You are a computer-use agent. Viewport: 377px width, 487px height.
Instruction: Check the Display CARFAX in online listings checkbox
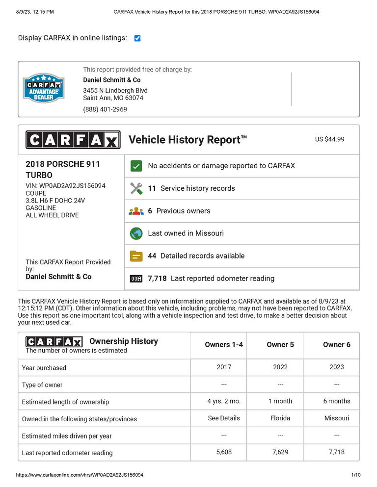(137, 38)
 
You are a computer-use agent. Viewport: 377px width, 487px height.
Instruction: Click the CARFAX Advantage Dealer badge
(44, 88)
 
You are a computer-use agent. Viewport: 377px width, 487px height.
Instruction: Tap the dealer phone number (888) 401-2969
(105, 109)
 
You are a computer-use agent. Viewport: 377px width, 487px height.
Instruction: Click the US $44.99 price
(329, 139)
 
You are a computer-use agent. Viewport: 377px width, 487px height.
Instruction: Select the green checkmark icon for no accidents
(136, 166)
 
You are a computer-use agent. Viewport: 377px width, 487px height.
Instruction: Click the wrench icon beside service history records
(136, 188)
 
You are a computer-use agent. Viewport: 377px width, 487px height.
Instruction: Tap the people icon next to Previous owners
(136, 211)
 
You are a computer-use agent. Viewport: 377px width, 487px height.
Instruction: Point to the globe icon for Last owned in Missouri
(136, 233)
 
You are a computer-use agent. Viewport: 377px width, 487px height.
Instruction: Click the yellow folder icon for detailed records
(136, 256)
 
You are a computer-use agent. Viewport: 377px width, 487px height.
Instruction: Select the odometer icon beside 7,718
(136, 279)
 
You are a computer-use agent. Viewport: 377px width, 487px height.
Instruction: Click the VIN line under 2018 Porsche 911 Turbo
(65, 186)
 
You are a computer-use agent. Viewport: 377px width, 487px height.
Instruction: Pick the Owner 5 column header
(280, 345)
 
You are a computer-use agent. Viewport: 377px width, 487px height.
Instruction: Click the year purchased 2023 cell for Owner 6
(337, 367)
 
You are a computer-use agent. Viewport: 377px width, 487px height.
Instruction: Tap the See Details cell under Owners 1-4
(224, 418)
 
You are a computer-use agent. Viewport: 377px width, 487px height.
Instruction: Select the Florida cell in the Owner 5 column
(280, 418)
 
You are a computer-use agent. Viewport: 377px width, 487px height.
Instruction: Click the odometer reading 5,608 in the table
(224, 452)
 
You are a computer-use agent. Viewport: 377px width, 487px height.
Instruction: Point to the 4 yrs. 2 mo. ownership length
(224, 401)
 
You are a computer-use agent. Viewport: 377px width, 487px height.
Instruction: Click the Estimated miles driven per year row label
(67, 436)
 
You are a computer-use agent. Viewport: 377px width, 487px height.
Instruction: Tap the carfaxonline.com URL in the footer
(80, 475)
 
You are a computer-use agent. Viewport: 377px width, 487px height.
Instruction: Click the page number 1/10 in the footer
(355, 475)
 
